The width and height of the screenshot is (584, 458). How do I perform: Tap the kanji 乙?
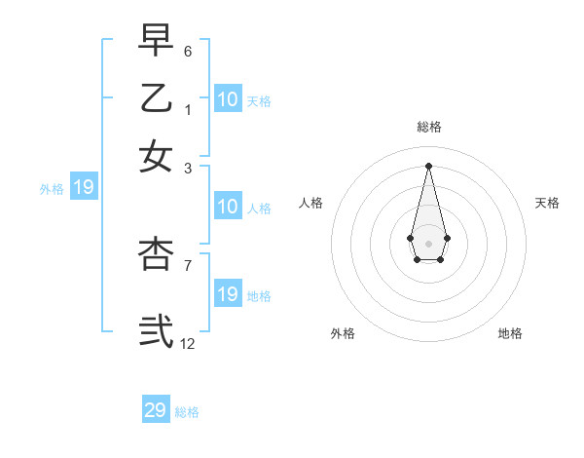tap(156, 97)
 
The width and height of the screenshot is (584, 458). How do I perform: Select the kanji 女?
tap(156, 156)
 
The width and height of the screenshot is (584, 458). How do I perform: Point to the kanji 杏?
tap(156, 253)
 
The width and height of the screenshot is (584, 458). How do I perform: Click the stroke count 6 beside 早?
tap(188, 51)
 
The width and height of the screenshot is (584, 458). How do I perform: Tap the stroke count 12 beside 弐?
tap(188, 343)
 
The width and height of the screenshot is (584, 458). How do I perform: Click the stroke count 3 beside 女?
tap(188, 168)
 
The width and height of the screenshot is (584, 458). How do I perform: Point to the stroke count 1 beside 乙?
tap(188, 109)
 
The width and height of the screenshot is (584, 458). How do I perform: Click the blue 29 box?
tap(156, 410)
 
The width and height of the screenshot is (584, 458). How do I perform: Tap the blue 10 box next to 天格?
tap(228, 99)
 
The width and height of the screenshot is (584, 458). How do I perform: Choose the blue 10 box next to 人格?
tap(228, 207)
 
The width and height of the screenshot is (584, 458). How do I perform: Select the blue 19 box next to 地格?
tap(228, 294)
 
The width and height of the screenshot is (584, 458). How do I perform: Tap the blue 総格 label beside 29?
tap(187, 412)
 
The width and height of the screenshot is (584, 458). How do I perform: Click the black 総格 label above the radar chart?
tap(429, 127)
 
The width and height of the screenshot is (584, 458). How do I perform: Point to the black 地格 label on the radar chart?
tap(510, 334)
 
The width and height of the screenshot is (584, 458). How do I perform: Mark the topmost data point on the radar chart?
tap(429, 165)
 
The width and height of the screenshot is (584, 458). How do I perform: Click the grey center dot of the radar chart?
tap(429, 243)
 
